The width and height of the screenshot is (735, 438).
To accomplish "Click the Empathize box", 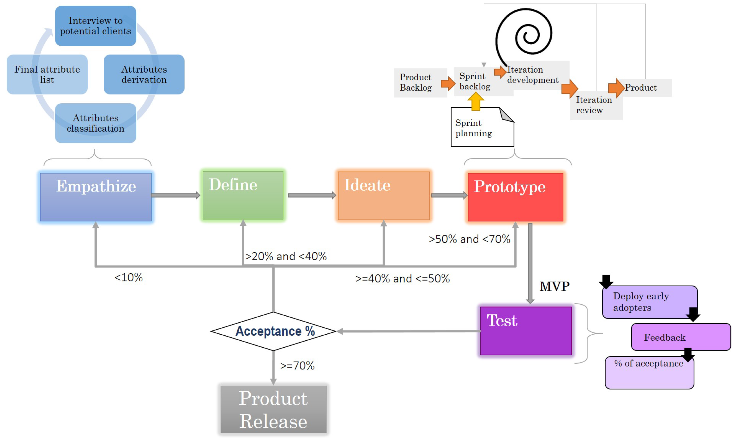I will click(x=96, y=197).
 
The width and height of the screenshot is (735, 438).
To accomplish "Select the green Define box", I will click(x=243, y=195).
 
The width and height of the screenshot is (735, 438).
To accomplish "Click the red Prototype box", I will click(x=515, y=197).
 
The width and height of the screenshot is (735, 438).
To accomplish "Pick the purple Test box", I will click(x=525, y=331).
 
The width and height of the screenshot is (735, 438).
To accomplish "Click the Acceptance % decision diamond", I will click(x=273, y=331).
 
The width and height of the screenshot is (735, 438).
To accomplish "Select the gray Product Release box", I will click(x=273, y=409).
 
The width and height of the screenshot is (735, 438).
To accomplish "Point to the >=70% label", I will click(x=297, y=366).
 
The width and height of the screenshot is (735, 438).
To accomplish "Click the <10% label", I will click(x=128, y=277).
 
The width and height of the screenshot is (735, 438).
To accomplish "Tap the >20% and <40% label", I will click(x=286, y=256).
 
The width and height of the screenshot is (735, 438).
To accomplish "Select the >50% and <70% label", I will click(x=469, y=239).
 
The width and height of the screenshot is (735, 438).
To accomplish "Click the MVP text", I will click(x=554, y=286).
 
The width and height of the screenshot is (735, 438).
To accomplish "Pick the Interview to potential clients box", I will click(x=96, y=26).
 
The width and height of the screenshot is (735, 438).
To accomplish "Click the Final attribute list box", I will click(x=47, y=74).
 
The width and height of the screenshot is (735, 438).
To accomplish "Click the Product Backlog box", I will click(x=420, y=83).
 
